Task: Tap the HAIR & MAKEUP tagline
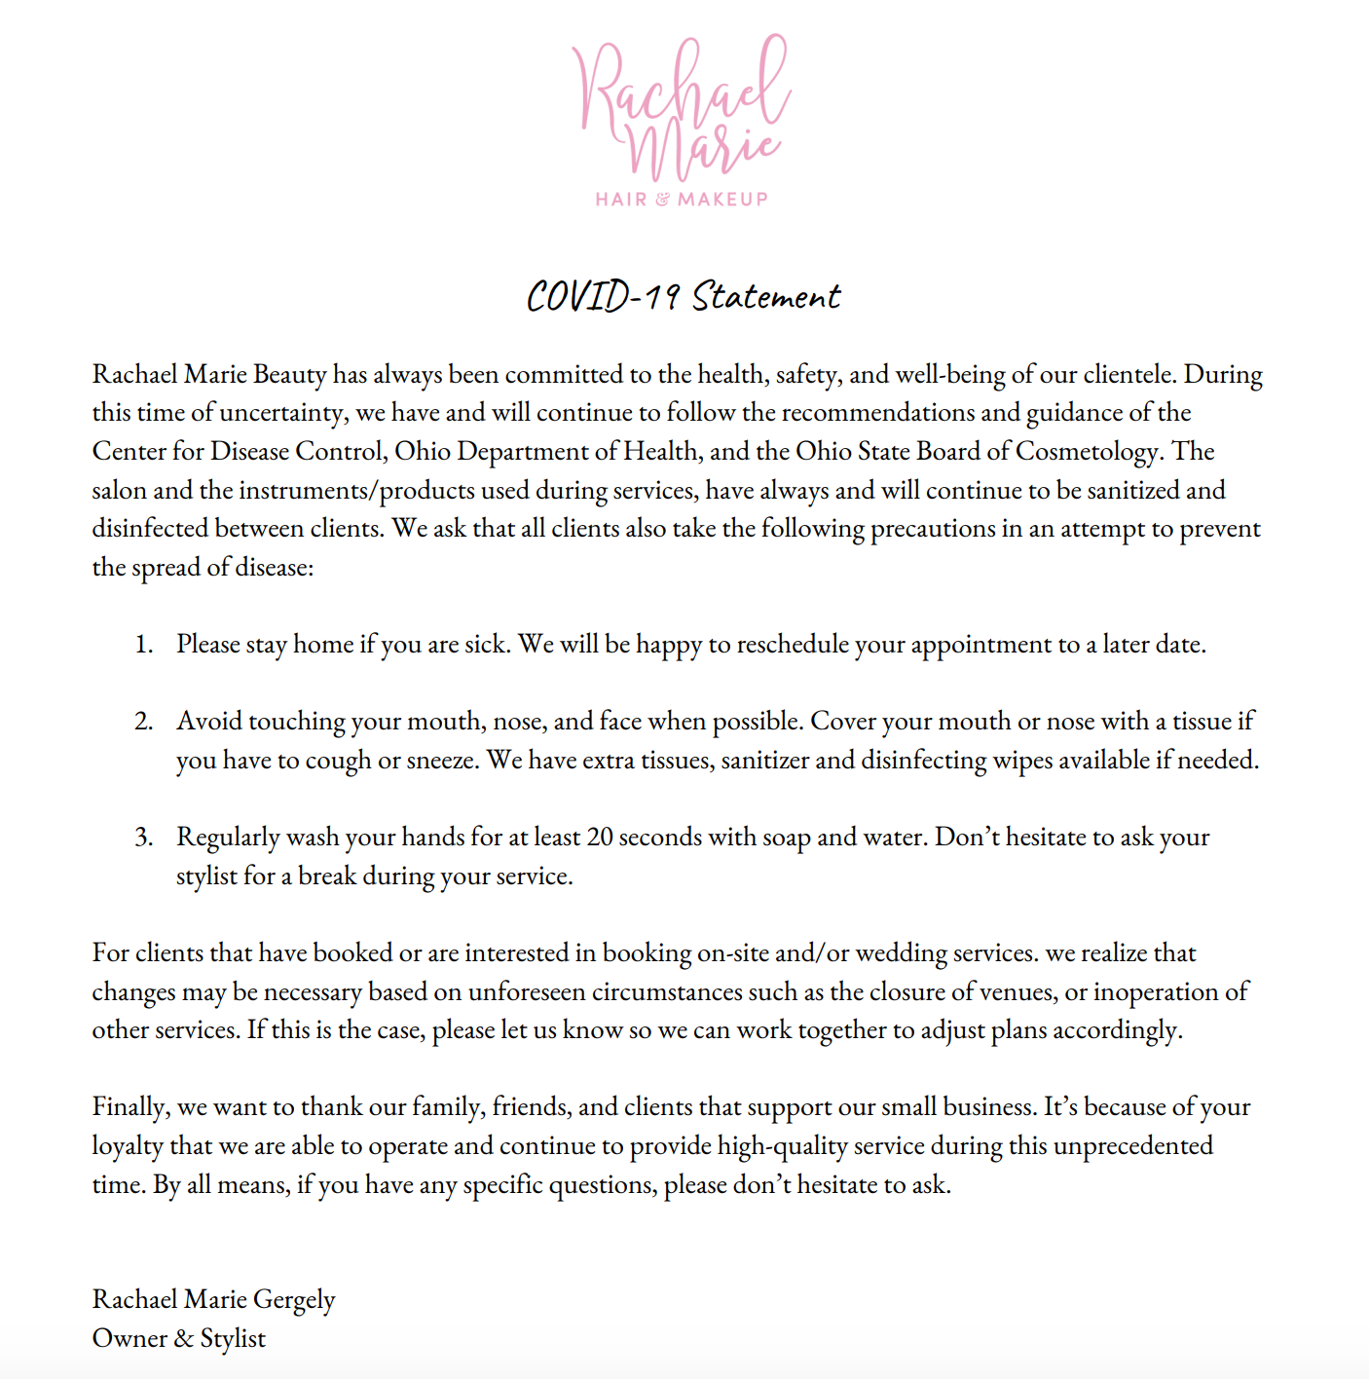682,200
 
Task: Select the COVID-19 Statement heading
684,296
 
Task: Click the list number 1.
143,645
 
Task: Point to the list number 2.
143,722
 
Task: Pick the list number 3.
143,838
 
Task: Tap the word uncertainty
281,413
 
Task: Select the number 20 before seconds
599,838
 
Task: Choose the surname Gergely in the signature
294,1300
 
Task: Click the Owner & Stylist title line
179,1339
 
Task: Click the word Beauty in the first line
289,375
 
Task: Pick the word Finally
131,1107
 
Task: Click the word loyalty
128,1146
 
